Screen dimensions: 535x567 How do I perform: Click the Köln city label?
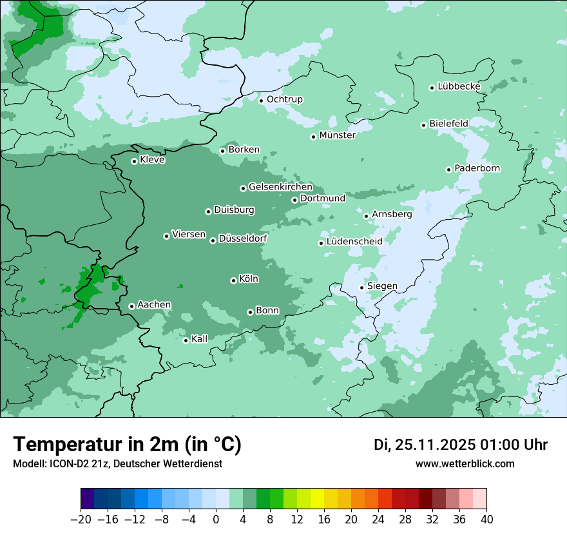coord(249,279)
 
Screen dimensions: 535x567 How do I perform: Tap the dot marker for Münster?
coord(313,137)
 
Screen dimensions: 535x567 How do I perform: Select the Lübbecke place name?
coord(459,86)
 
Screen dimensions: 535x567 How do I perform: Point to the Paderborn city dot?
coord(448,170)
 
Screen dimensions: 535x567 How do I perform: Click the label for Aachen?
coord(154,305)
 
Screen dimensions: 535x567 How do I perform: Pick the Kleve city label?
coord(152,160)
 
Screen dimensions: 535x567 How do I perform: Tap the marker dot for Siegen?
coord(361,287)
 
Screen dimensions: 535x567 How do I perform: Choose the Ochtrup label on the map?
coord(284,99)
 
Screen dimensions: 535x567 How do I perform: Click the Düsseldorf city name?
coord(243,239)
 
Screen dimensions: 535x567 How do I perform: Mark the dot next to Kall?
coord(186,340)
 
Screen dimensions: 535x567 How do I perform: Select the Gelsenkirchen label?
coord(280,187)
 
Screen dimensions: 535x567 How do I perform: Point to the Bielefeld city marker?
coord(423,125)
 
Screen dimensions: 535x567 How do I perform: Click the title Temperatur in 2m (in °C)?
coord(127,444)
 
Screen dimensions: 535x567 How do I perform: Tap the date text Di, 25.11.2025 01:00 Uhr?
coord(461,445)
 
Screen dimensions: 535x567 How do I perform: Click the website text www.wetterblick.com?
coord(465,464)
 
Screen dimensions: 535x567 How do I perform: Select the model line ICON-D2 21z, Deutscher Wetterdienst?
coord(117,464)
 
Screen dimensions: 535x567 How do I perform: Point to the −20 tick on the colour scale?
coord(81,520)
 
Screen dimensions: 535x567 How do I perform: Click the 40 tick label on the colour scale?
coord(486,520)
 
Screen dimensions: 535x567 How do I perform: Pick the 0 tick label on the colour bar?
coord(216,520)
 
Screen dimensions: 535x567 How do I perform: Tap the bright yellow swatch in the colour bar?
coord(317,499)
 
